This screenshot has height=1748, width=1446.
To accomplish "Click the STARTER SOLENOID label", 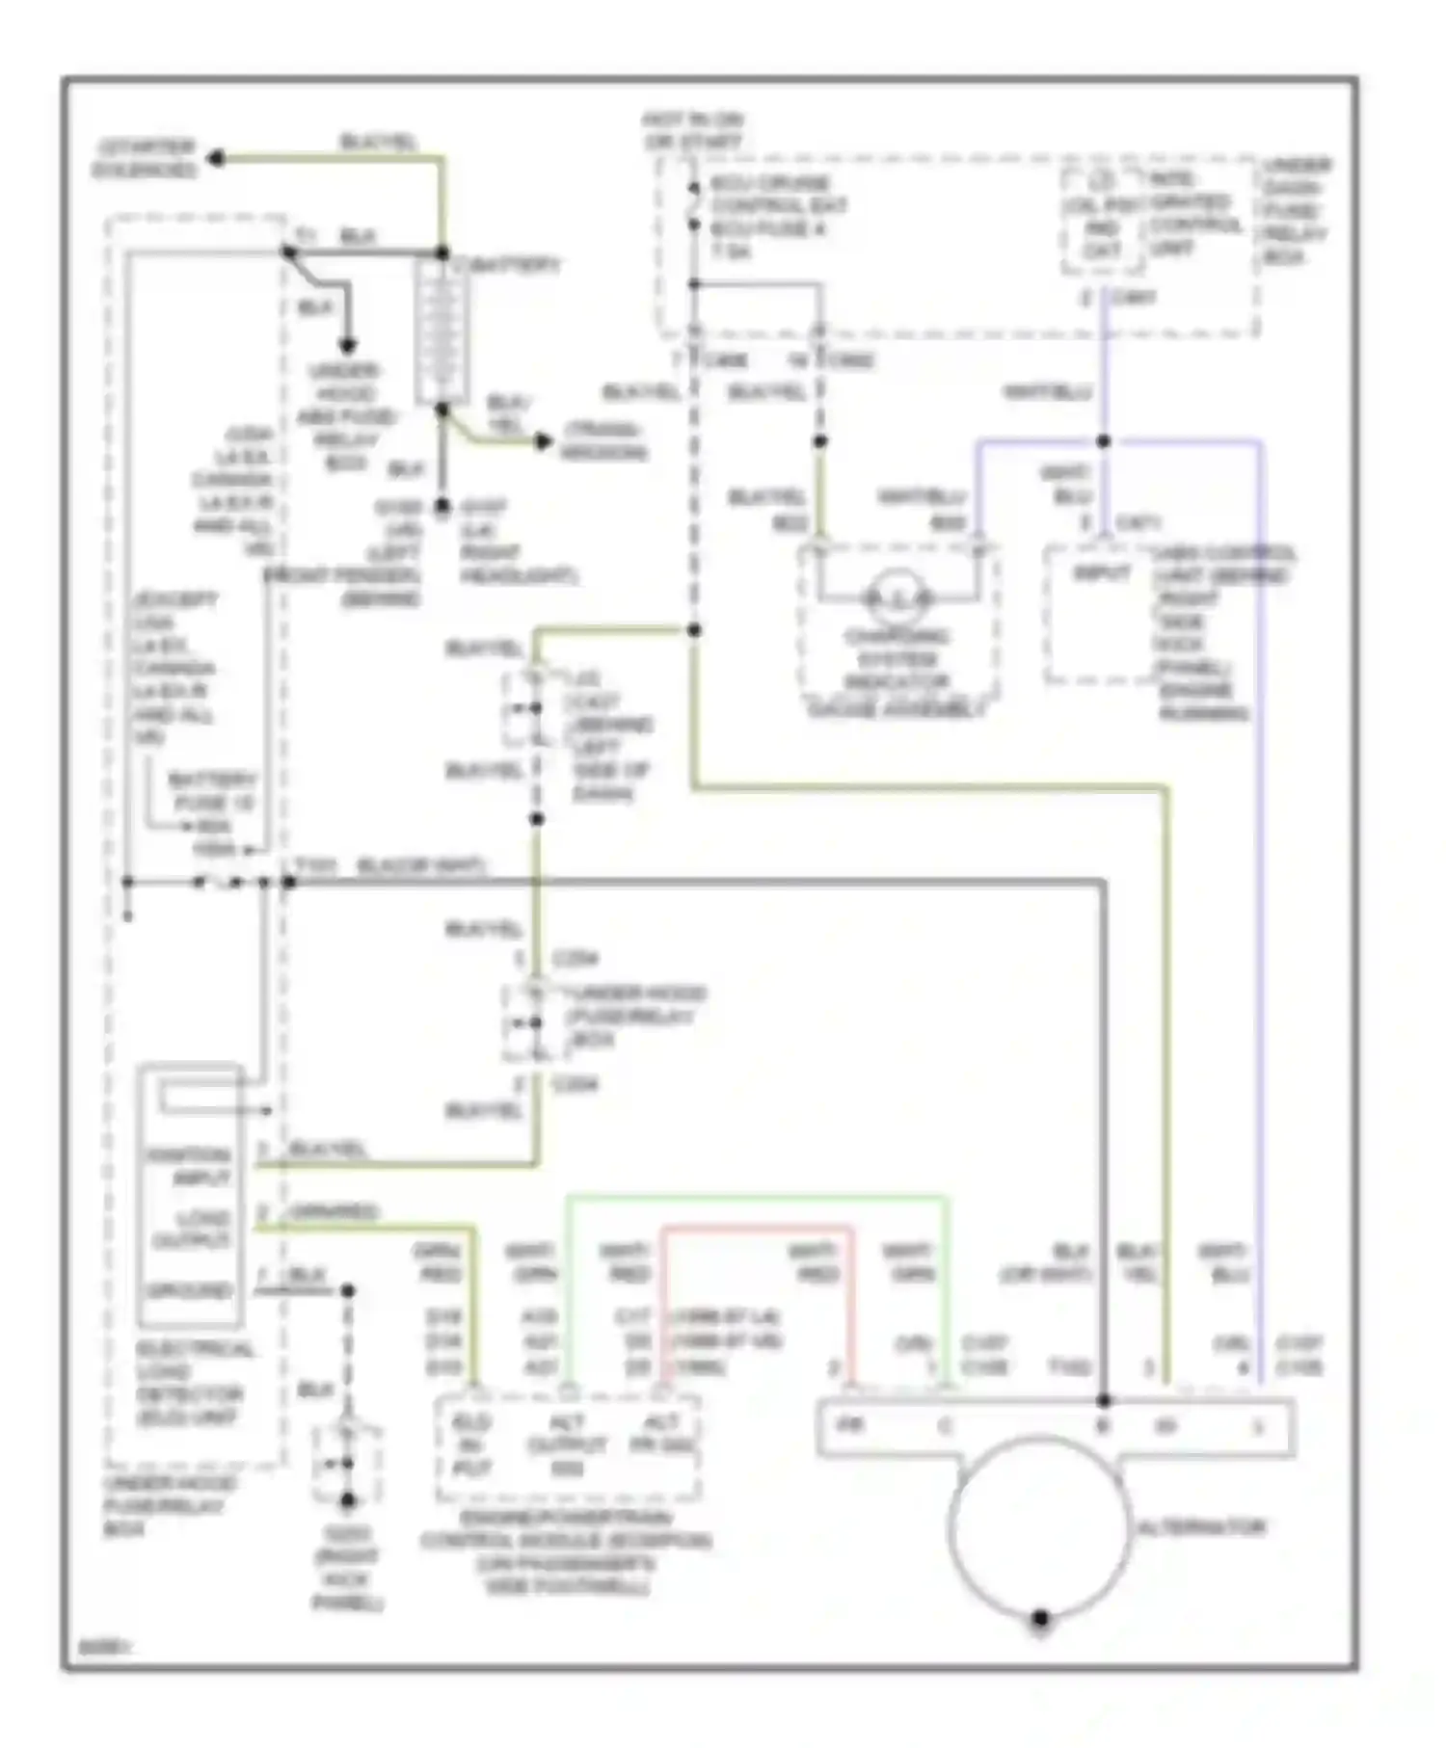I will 145,159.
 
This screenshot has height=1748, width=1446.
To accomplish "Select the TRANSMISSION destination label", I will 603,441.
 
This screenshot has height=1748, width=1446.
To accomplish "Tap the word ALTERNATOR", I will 1201,1527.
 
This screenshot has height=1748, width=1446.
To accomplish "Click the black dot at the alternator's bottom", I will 1040,1619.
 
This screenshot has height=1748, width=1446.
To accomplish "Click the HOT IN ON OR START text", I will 693,131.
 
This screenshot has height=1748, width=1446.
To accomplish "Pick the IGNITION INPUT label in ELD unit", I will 189,1166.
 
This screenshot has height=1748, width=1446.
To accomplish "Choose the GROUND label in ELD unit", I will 189,1290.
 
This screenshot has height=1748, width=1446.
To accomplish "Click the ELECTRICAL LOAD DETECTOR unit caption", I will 188,1383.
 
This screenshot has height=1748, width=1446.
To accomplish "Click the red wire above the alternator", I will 758,1229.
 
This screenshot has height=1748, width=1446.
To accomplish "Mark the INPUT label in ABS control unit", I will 1101,573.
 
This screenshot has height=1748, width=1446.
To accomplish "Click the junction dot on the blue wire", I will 1104,441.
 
